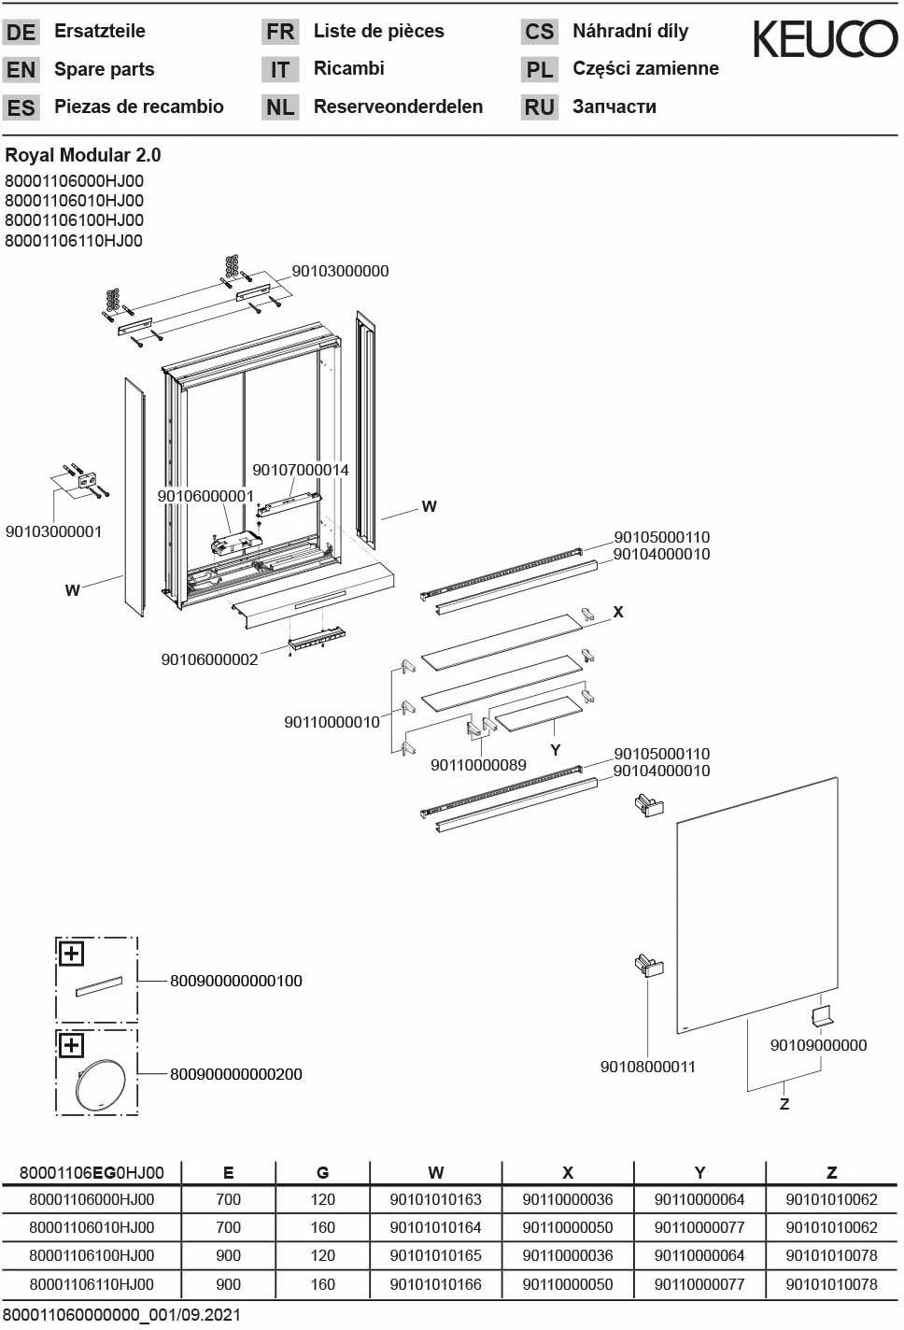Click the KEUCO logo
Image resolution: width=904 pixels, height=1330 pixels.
[x=825, y=39]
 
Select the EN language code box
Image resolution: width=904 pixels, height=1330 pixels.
[x=21, y=70]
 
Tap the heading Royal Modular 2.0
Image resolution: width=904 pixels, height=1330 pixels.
[x=83, y=155]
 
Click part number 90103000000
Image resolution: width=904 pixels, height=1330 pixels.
[x=340, y=272]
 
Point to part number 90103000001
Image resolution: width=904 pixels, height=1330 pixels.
[x=53, y=531]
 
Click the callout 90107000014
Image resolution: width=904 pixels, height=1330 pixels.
[x=300, y=470]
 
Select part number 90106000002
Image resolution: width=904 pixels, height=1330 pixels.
[x=209, y=659]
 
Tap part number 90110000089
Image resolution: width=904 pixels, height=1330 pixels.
[x=478, y=765]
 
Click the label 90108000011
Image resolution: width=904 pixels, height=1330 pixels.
[x=647, y=1067]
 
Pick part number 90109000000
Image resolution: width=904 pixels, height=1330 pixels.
[x=818, y=1045]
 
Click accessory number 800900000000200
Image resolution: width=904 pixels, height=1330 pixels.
[x=236, y=1074]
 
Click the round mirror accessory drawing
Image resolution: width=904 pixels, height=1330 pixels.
[x=100, y=1084]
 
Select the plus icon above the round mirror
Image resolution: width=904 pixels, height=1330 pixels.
[x=72, y=1045]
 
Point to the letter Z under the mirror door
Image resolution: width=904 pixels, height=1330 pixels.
[x=784, y=1104]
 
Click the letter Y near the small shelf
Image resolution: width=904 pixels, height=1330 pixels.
[x=556, y=750]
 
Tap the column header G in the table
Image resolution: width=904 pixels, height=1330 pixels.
[x=322, y=1173]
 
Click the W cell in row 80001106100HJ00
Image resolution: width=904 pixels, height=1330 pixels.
[x=435, y=1255]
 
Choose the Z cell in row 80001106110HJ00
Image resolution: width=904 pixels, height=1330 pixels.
[x=831, y=1284]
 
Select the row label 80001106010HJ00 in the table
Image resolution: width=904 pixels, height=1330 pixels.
[x=92, y=1227]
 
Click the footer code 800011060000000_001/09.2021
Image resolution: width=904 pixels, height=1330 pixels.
[x=121, y=1315]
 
